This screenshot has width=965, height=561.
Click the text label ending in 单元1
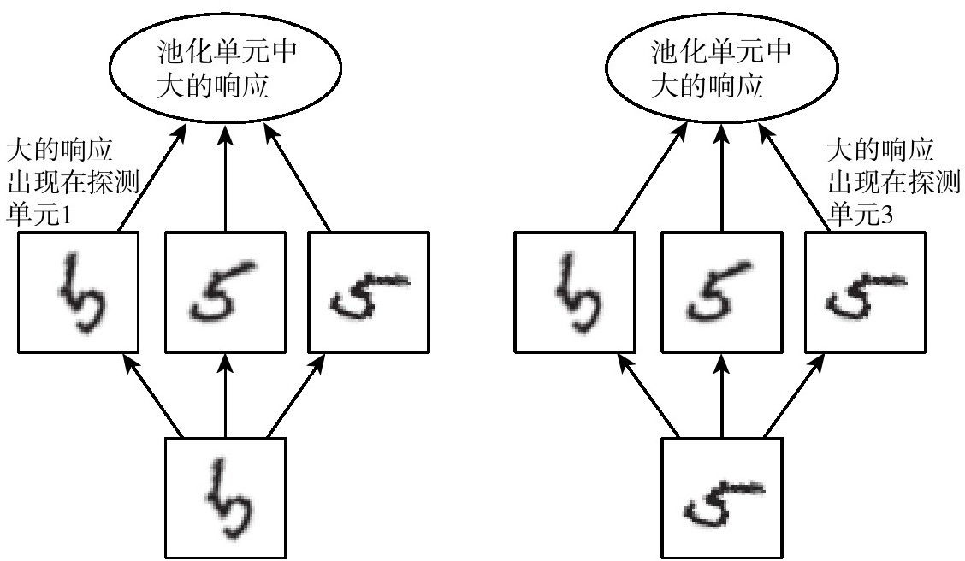click(73, 182)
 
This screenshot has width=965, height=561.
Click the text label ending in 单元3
click(894, 182)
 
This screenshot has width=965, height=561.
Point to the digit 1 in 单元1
click(66, 216)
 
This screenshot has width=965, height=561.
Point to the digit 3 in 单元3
click(887, 216)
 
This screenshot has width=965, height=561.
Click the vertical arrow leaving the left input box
click(225, 396)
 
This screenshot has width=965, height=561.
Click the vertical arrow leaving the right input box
click(722, 396)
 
